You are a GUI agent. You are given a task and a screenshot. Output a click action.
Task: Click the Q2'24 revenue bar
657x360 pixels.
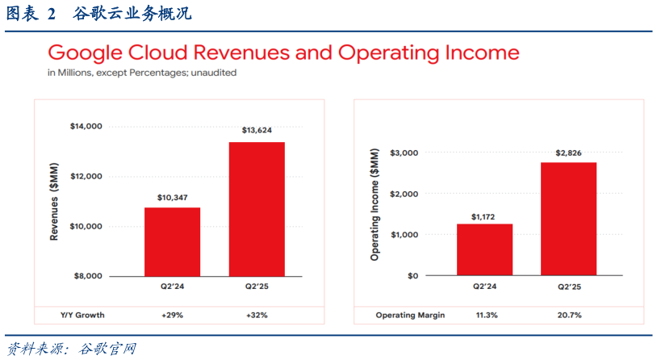tap(172, 241)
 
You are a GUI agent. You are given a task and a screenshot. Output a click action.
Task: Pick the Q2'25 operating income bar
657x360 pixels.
tap(568, 219)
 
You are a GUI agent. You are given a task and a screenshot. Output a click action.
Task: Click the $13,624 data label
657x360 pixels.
tap(257, 130)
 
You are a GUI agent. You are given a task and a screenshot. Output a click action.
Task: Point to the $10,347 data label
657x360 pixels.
tap(172, 197)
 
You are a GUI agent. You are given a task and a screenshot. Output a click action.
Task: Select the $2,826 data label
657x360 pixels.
tap(568, 153)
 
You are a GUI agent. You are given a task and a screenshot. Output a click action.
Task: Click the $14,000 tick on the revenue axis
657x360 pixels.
tap(86, 126)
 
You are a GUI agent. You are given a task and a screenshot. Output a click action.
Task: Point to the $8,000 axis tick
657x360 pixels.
tap(89, 276)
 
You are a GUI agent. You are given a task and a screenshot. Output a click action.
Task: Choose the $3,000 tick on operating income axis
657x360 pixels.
tap(404, 153)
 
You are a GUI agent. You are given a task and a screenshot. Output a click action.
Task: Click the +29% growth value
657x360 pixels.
tap(172, 315)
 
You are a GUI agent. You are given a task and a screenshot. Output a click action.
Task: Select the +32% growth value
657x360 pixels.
tap(257, 315)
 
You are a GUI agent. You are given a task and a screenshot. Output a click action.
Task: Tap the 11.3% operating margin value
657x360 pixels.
tap(484, 315)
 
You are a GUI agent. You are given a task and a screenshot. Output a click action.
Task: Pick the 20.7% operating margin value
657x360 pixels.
tap(568, 315)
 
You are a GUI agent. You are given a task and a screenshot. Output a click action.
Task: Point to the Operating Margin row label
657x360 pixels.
tap(410, 315)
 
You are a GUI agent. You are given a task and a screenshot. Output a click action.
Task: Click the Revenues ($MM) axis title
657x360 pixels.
tap(55, 201)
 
